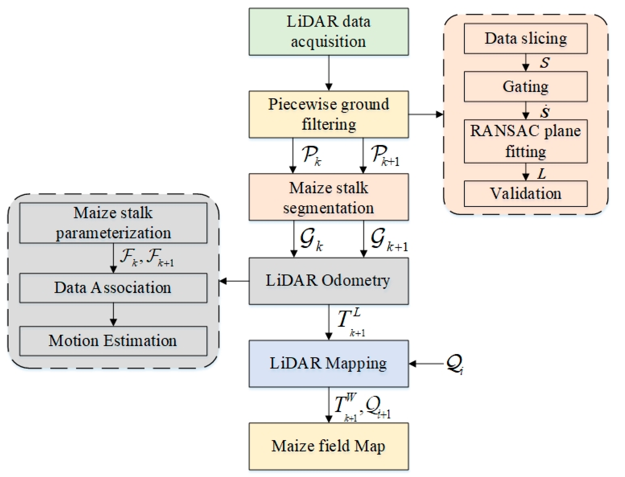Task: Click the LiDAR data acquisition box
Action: pos(329,32)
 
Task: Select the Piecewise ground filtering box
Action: pos(329,114)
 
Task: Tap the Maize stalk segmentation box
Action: pos(329,197)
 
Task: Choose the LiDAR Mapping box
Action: pos(329,363)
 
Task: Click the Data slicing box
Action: pos(525,38)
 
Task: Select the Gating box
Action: pos(525,86)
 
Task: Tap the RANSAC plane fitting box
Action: pos(525,141)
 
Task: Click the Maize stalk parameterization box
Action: pos(113,223)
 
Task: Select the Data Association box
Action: pos(113,288)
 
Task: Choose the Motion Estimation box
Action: pos(113,341)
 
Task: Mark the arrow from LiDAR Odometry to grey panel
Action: pos(234,281)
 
